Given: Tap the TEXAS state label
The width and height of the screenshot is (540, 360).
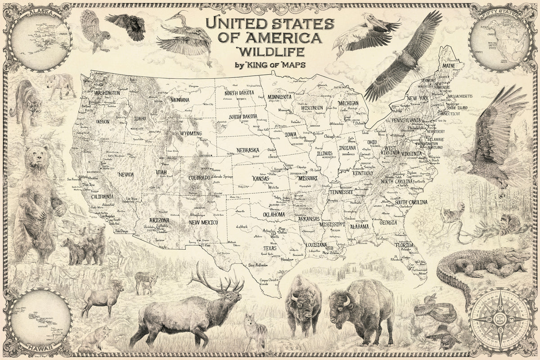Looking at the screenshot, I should coord(270,248).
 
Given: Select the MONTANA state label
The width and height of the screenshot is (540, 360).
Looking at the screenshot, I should coord(180,100).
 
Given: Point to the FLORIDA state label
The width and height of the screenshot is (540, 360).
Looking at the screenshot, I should coord(404,245).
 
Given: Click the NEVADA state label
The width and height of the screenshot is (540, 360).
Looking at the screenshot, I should coord(126,174).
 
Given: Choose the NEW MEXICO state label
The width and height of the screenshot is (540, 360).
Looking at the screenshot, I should coord(203,223).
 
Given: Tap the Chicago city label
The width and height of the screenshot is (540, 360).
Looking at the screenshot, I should coord(329,136).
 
